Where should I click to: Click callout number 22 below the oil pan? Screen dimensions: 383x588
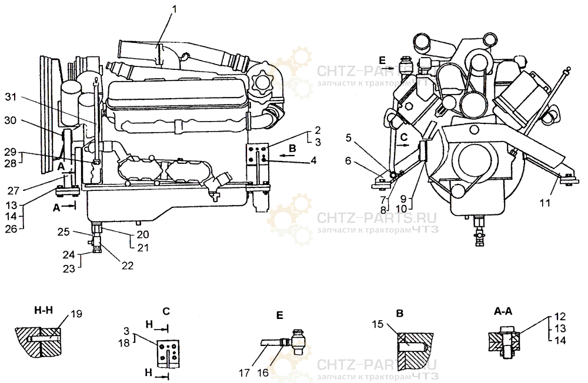[x=128, y=266]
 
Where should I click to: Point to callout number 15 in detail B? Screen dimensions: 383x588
[x=377, y=324]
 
